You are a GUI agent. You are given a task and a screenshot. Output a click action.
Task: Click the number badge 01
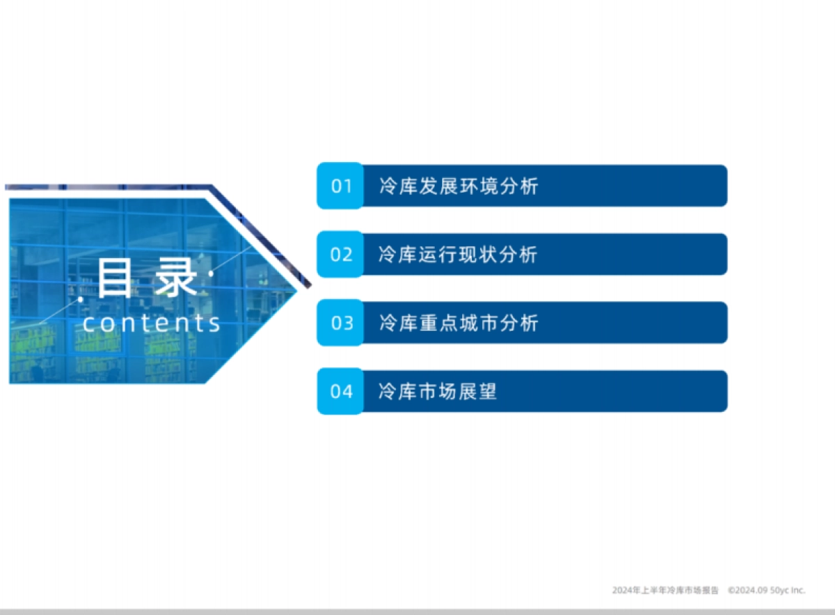tap(341, 186)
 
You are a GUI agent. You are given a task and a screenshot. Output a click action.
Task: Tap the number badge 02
tap(341, 255)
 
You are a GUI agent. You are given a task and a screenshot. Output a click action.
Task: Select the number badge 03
tap(341, 323)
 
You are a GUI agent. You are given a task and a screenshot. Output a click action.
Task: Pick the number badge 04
tap(341, 392)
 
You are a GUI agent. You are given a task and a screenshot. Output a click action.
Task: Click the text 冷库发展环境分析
tap(459, 186)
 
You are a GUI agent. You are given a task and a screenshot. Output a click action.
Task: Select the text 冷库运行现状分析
tap(458, 255)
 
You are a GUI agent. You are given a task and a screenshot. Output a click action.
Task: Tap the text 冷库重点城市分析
tap(459, 323)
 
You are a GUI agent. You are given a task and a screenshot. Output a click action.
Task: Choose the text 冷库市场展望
tap(438, 392)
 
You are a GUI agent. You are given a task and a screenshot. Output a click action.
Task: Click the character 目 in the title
tap(114, 278)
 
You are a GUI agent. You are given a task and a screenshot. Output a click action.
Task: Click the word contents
tap(152, 323)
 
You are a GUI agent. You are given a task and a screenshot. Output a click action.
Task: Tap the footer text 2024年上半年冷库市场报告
tap(665, 590)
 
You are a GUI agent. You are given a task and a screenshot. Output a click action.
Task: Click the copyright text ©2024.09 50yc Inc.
tap(766, 590)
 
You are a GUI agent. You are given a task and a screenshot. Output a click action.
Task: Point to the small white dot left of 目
tap(81, 299)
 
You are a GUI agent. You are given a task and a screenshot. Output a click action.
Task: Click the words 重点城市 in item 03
tap(459, 323)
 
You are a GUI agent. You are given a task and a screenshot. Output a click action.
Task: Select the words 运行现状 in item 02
tap(458, 255)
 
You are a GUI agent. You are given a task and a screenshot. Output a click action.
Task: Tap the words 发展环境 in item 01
tap(459, 186)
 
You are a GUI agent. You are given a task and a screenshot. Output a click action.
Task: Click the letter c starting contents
tap(90, 324)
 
